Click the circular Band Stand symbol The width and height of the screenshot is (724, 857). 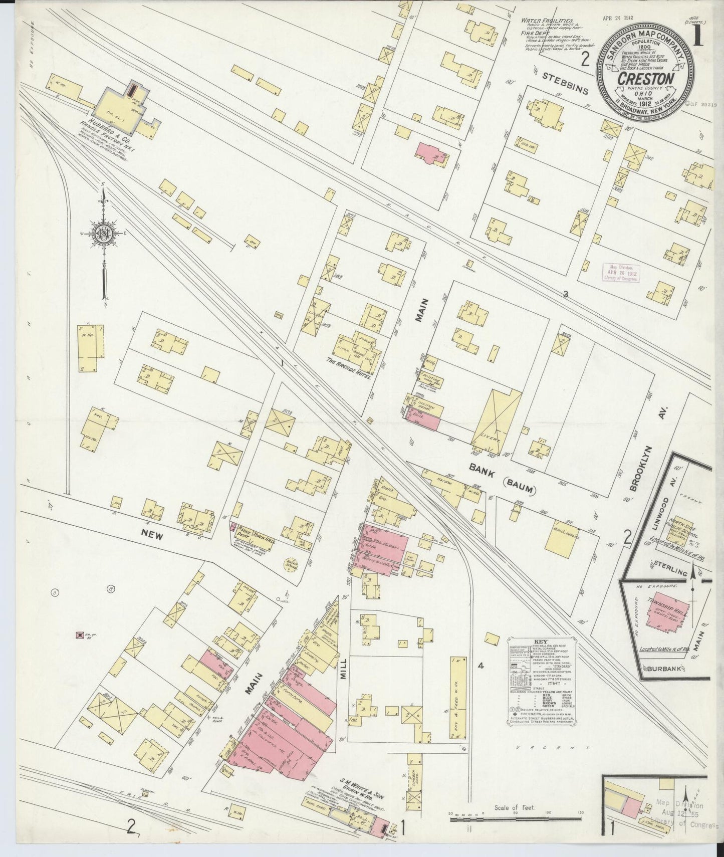[291, 563]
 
